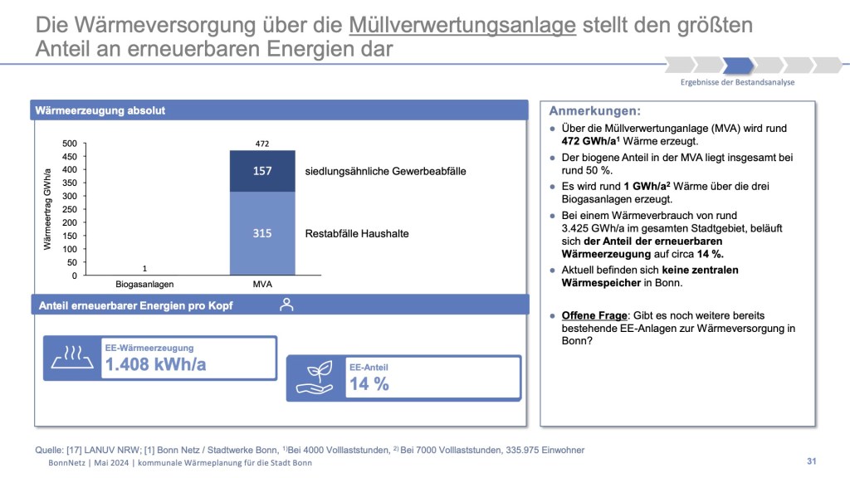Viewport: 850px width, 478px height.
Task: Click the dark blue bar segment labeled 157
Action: pos(262,171)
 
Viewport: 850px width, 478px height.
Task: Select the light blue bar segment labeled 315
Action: pos(262,233)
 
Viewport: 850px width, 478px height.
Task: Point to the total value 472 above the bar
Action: pos(262,144)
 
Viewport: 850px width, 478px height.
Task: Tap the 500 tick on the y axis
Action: pos(70,144)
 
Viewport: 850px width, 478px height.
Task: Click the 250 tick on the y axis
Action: pos(70,209)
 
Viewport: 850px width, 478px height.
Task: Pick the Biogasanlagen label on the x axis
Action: pos(144,284)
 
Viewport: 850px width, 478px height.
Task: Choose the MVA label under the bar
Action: pos(262,284)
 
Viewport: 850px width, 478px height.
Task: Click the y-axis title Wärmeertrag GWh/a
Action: pos(48,209)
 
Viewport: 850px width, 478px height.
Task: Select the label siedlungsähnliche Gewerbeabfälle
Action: pos(385,172)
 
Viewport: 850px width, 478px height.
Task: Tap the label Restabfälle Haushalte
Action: pos(357,234)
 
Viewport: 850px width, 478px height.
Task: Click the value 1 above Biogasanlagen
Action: pos(144,268)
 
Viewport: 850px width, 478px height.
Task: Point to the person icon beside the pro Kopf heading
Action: pos(286,305)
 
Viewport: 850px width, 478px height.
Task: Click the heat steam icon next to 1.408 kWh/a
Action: pos(72,358)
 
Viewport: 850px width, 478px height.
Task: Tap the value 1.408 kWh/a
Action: pos(155,363)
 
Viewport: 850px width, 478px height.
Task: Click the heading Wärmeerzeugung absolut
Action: pos(100,110)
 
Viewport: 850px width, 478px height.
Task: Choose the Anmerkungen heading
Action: pos(594,110)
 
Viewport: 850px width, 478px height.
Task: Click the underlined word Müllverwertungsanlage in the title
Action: pos(462,26)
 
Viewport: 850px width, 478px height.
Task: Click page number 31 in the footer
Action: pos(812,461)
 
